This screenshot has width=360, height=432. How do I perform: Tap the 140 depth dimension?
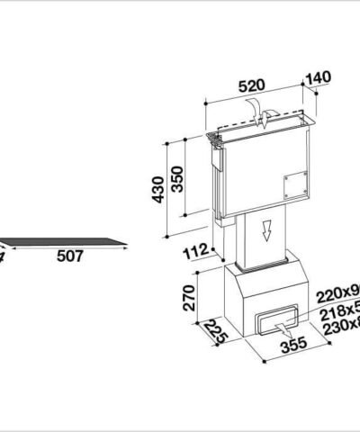[319, 77]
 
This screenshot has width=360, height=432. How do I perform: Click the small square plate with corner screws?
[292, 185]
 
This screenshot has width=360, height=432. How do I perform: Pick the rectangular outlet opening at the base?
[274, 320]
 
